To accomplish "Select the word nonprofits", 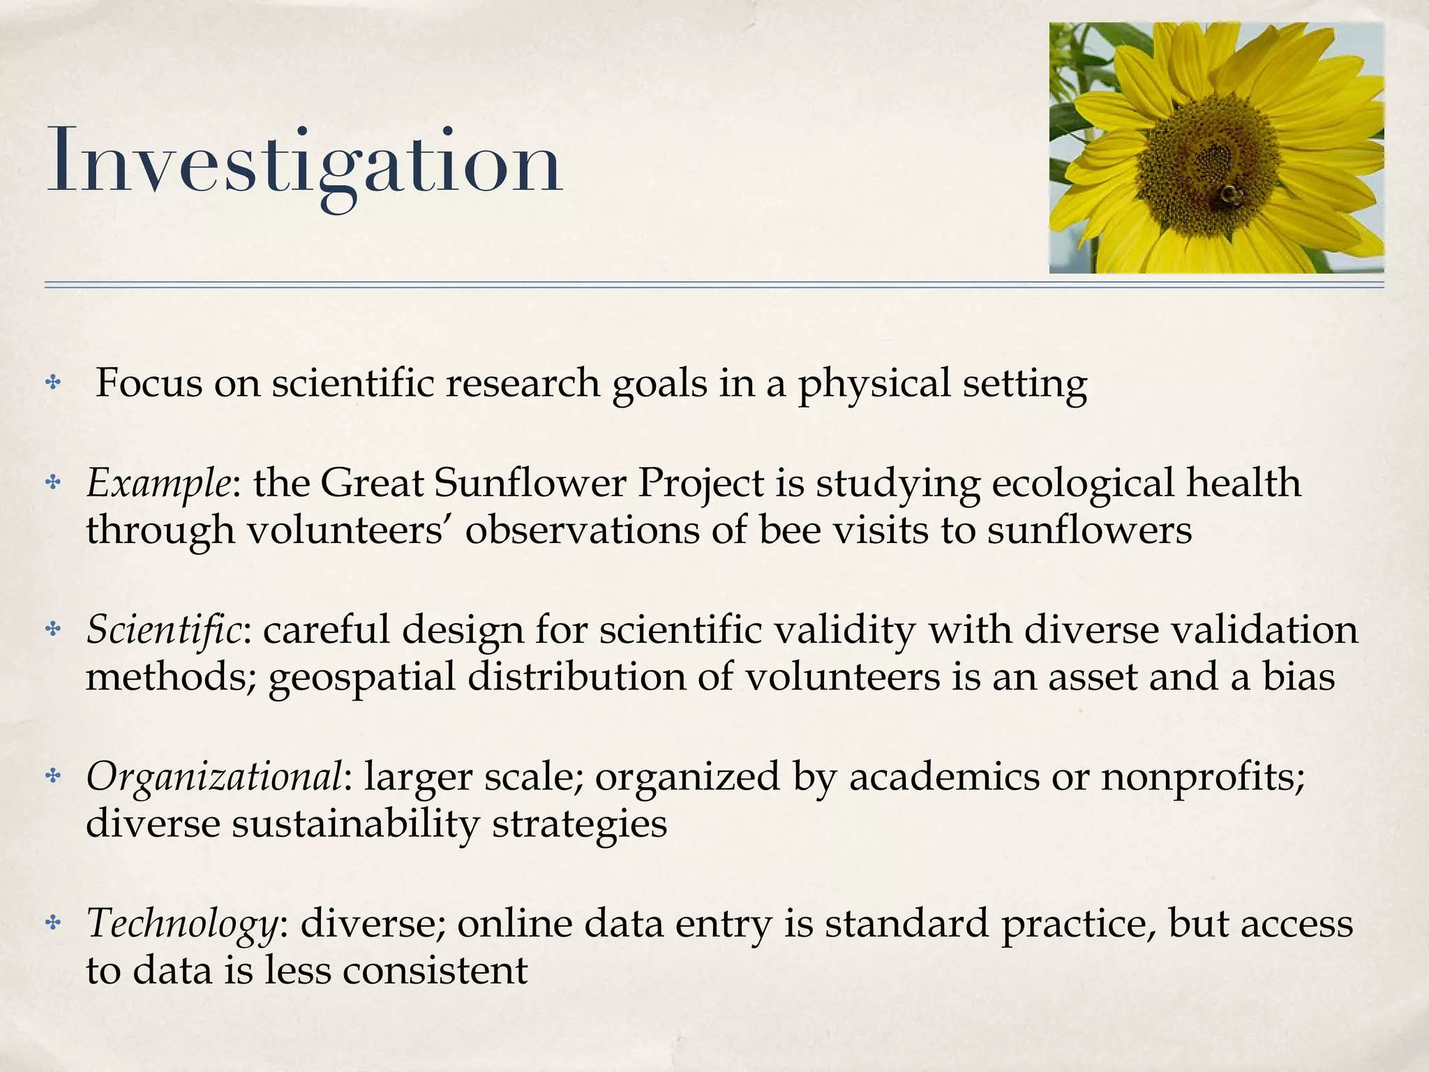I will (x=1202, y=776).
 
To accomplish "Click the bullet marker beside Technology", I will (x=53, y=923).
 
